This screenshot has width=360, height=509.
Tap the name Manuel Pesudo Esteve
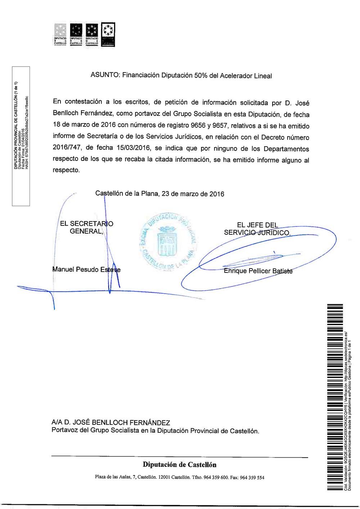pyautogui.click(x=86, y=270)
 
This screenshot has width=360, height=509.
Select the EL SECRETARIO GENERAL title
pyautogui.click(x=86, y=228)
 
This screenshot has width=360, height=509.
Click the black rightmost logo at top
pyautogui.click(x=108, y=35)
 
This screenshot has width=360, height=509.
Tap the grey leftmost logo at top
pyautogui.click(x=60, y=35)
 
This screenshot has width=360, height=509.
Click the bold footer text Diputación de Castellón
pyautogui.click(x=180, y=464)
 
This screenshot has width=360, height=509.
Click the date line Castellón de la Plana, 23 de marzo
pyautogui.click(x=159, y=194)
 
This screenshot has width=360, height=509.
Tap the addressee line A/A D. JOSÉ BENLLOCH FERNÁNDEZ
pyautogui.click(x=111, y=422)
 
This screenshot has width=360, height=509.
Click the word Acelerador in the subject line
pyautogui.click(x=236, y=76)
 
